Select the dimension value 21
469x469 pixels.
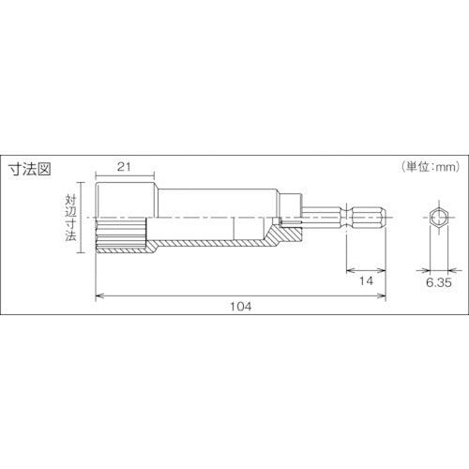(x=121, y=165)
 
